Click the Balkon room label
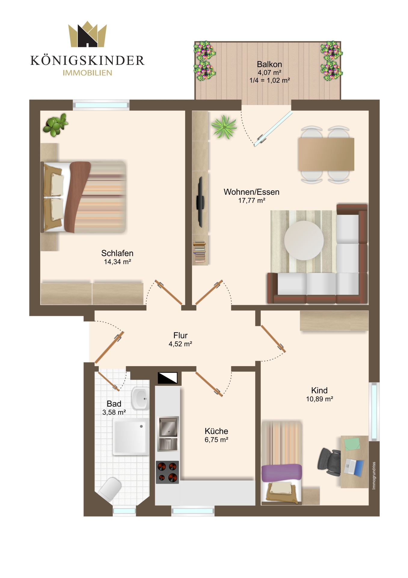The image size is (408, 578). click(x=269, y=64)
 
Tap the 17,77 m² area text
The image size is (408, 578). click(x=252, y=200)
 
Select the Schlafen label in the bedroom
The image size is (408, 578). click(x=117, y=253)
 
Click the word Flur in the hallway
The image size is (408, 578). click(x=180, y=335)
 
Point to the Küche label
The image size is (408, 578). click(x=216, y=431)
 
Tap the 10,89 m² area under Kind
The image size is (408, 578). click(x=320, y=399)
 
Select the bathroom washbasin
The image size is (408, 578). click(x=140, y=398)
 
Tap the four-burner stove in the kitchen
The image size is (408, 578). click(x=167, y=472)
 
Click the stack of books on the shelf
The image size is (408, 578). click(x=199, y=251)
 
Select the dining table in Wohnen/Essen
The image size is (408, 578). click(x=326, y=154)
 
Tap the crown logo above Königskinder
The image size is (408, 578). click(x=87, y=34)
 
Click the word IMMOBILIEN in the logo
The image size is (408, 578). click(x=87, y=73)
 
